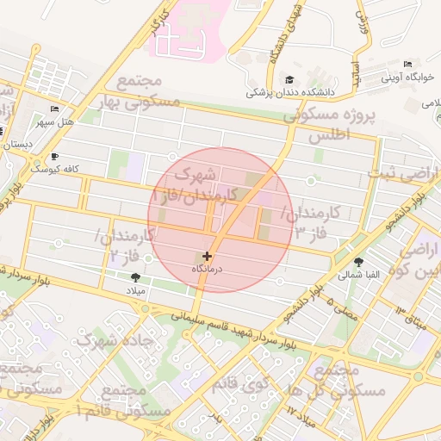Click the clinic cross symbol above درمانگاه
(207, 256)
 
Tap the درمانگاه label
(207, 270)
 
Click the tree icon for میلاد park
(135, 276)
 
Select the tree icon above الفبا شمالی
(358, 262)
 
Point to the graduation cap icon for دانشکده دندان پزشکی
(289, 79)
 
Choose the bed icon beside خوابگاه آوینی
(407, 65)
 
